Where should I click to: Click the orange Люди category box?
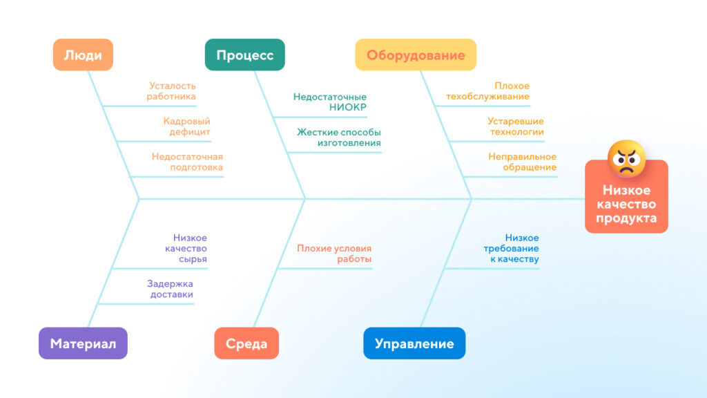[x=83, y=55]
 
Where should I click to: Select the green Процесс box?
[x=245, y=55]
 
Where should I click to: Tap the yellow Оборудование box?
[x=416, y=55]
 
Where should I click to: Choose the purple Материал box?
[x=83, y=343]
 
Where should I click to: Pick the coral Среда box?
[x=246, y=343]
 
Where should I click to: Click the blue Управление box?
[x=414, y=343]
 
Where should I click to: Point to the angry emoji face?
[x=626, y=158]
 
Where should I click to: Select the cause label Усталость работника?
[x=171, y=91]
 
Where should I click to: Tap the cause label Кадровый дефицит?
[x=186, y=126]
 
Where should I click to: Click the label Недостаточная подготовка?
[x=187, y=162]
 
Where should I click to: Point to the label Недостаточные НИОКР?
[x=329, y=102]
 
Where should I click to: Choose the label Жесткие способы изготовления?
[x=338, y=138]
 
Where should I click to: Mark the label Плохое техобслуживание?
[x=488, y=91]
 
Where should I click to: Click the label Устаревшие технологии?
[x=516, y=126]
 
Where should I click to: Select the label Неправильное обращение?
[x=522, y=162]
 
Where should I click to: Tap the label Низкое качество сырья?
[x=186, y=248]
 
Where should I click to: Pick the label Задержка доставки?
[x=170, y=289]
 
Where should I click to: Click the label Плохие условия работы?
[x=334, y=254]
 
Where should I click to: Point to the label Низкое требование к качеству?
[x=512, y=248]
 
